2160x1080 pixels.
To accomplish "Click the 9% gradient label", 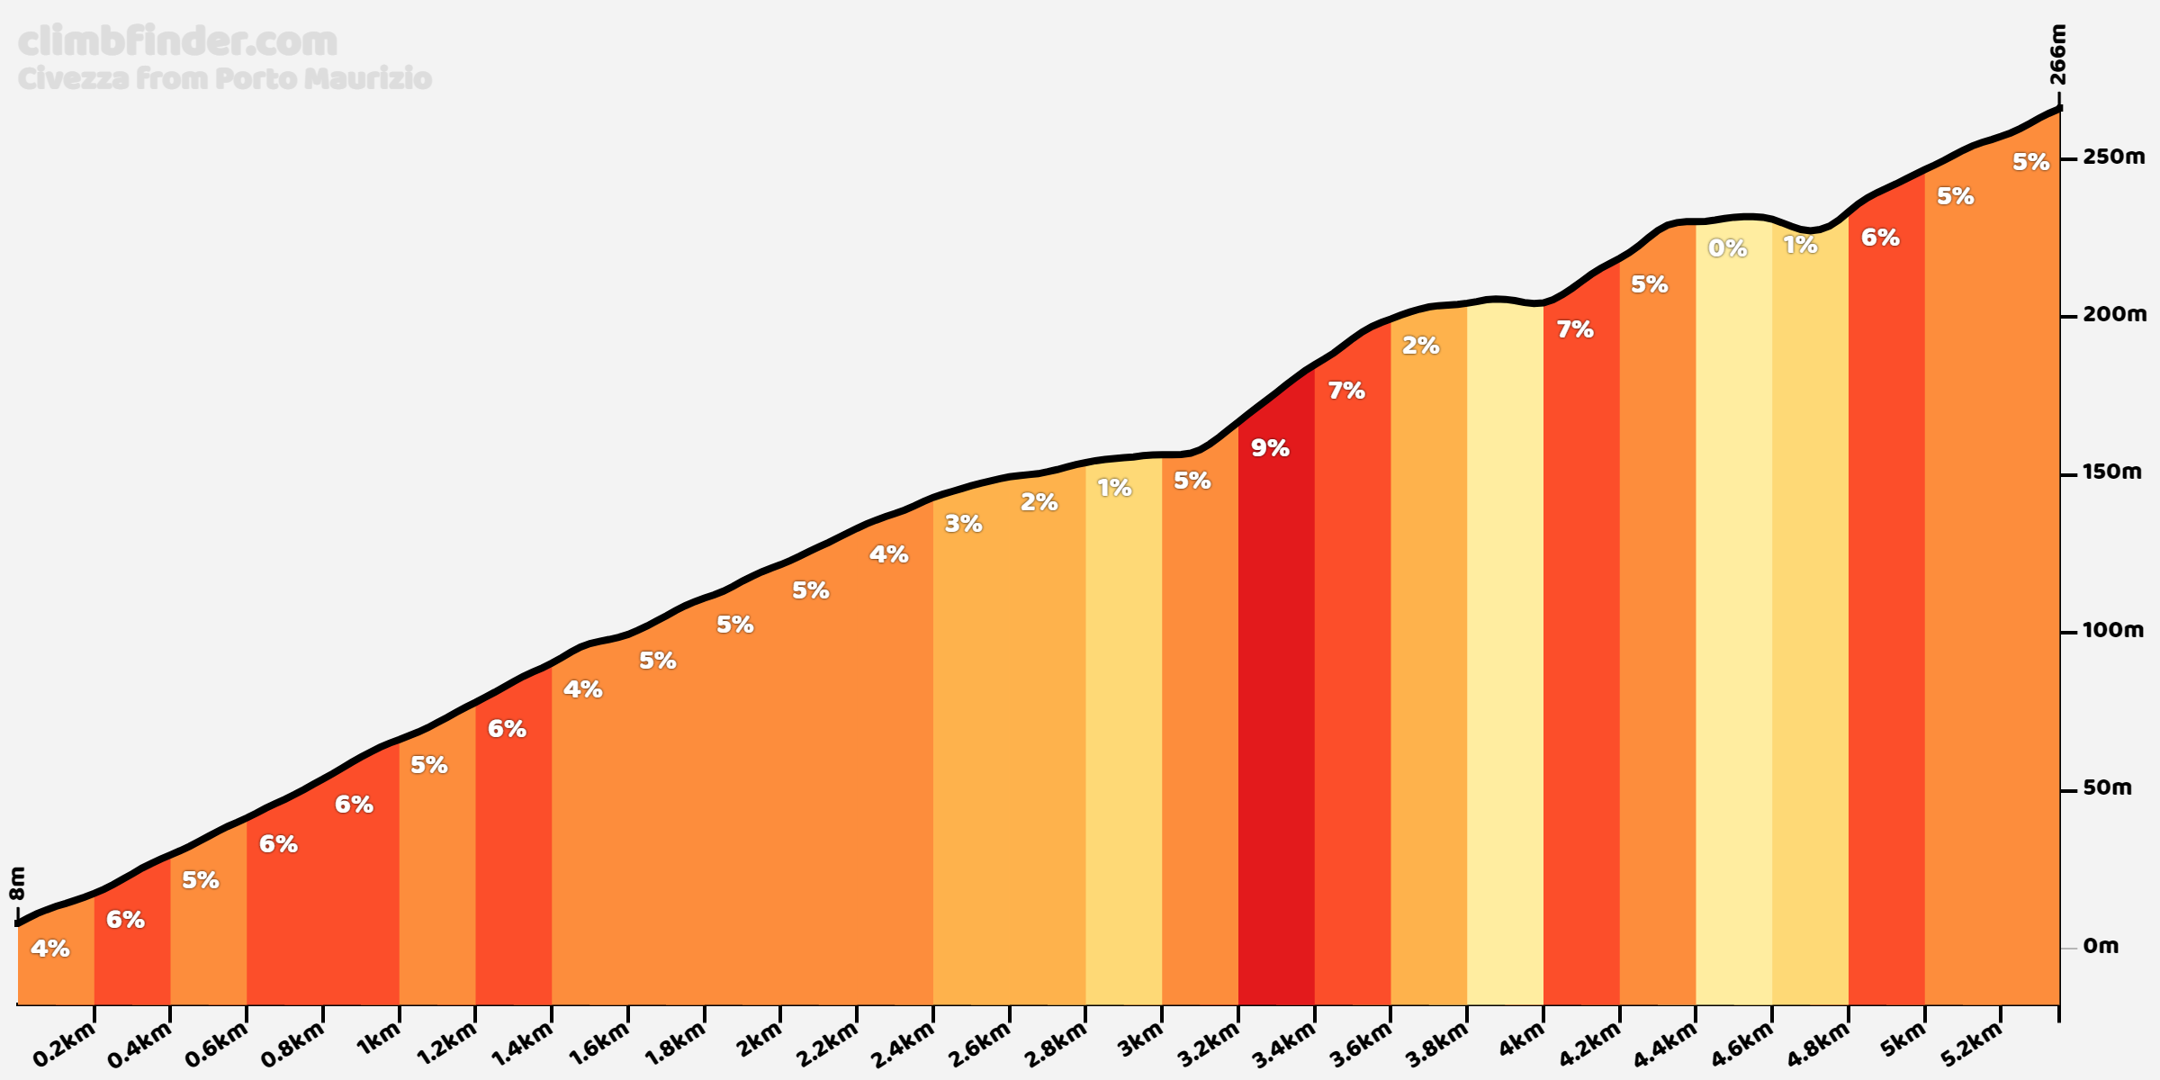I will point(1270,447).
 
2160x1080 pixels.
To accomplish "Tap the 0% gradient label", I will point(1727,247).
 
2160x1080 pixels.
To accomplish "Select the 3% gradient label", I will point(963,523).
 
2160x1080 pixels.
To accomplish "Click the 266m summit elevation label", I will point(2057,55).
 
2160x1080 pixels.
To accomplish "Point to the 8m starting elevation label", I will point(17,883).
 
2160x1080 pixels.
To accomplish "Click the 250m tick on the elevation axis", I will point(2113,157).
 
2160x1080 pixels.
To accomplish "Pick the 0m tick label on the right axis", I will point(2101,946).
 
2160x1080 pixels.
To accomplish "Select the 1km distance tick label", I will point(378,1041).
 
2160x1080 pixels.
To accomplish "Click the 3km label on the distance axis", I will point(1140,1041).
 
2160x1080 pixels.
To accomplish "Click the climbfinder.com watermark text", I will point(177,41).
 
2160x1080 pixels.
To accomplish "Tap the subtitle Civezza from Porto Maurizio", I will point(225,79).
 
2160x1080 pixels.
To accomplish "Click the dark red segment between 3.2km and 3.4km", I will point(1275,720).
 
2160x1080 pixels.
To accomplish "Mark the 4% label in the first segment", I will point(49,948).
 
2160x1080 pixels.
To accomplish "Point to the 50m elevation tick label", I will point(2107,787).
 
